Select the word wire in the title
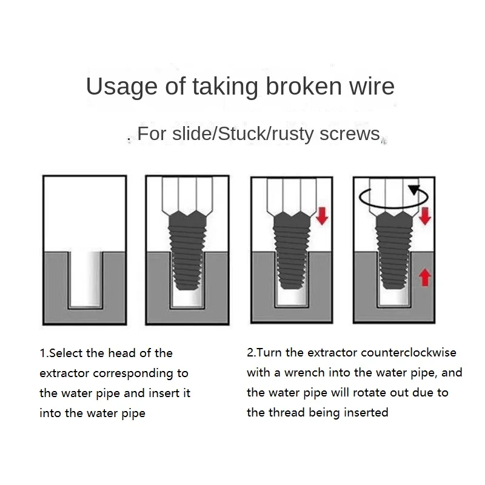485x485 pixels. [x=371, y=86]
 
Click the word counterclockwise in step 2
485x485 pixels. [x=409, y=352]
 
